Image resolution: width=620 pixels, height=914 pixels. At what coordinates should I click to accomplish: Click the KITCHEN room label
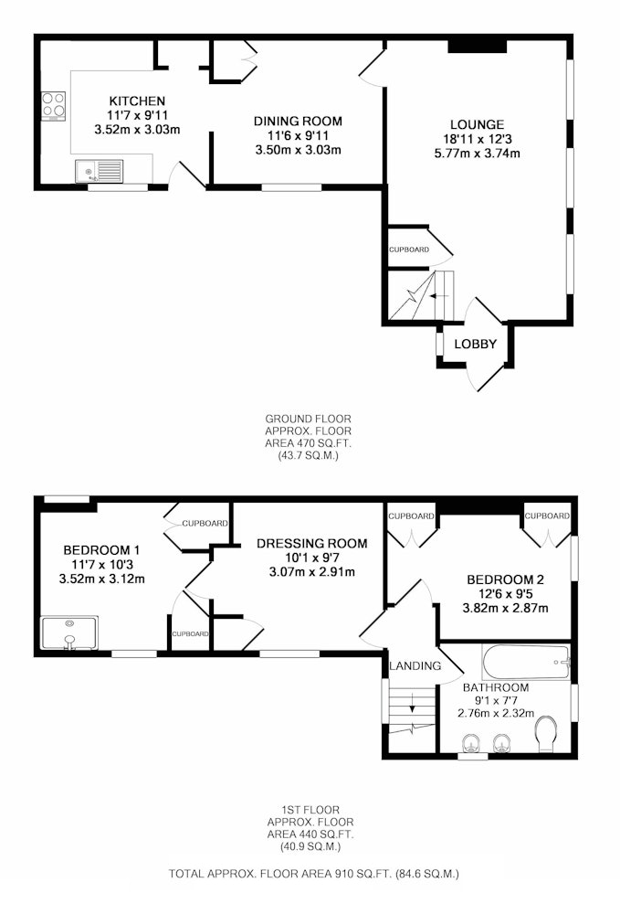[x=137, y=101]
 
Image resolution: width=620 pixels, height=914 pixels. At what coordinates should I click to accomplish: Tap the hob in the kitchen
[x=53, y=106]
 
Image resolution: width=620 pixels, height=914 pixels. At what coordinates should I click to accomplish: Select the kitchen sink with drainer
[x=99, y=171]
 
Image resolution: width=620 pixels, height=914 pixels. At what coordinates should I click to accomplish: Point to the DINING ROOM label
[x=298, y=122]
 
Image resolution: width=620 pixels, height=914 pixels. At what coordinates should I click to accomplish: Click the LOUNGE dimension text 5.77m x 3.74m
[x=477, y=154]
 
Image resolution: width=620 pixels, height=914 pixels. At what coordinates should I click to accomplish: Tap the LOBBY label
[x=476, y=344]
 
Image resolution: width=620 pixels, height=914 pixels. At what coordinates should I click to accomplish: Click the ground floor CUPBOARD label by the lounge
[x=409, y=250]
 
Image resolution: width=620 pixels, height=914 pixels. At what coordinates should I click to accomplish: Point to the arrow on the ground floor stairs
[x=437, y=296]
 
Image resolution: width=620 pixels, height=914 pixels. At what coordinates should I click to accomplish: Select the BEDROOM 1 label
[x=101, y=549]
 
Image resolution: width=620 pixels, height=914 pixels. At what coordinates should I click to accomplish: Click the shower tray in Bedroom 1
[x=69, y=632]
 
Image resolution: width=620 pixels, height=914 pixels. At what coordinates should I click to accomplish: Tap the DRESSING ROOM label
[x=312, y=543]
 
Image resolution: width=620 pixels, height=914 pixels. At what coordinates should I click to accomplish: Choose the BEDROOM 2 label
[x=505, y=579]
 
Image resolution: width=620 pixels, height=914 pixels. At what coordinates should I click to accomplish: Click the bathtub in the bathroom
[x=526, y=662]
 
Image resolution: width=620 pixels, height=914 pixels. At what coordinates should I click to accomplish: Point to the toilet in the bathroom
[x=545, y=733]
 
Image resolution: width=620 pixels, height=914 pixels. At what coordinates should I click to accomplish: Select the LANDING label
[x=415, y=665]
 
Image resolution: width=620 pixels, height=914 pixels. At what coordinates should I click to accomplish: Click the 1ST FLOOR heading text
[x=310, y=810]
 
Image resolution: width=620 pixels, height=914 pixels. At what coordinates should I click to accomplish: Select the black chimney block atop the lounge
[x=477, y=46]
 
